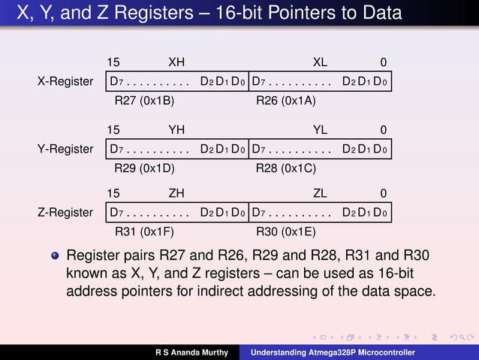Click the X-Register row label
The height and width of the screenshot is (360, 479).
point(65,81)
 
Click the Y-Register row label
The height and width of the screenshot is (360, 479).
point(65,149)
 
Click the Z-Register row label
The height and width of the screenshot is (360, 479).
point(65,213)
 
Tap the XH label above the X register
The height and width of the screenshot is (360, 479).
point(176,62)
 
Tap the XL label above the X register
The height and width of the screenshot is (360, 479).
point(320,62)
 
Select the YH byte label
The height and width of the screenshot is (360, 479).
point(176,129)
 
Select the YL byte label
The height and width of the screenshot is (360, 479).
point(320,129)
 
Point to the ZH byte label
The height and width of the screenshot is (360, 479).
point(176,193)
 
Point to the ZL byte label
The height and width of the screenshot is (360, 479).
point(320,193)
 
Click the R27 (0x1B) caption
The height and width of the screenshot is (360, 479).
point(144,100)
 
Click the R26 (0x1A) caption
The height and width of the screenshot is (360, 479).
point(286,100)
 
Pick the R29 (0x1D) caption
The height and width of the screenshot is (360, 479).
point(144,168)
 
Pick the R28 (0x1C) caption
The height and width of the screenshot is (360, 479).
point(286,168)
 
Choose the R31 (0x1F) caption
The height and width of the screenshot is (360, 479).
point(144,231)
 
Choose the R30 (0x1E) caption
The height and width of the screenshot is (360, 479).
point(286,231)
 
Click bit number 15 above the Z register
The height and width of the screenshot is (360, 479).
point(113,193)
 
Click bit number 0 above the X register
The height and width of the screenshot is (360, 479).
point(383,62)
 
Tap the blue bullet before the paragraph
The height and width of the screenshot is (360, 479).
point(55,256)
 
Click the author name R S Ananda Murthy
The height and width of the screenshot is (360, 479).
point(191,352)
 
